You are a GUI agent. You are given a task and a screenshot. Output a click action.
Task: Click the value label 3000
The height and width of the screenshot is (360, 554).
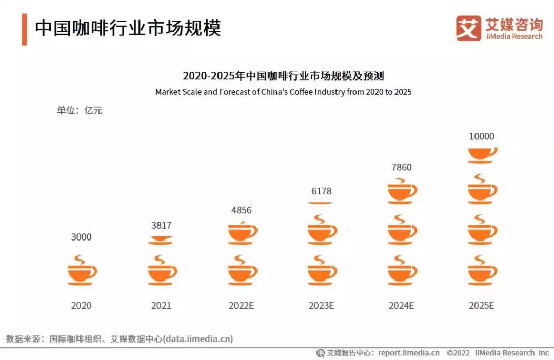81,237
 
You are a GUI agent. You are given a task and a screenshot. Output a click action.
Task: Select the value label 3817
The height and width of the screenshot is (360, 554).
161,225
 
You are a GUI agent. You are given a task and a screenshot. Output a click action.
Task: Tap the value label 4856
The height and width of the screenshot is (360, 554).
241,210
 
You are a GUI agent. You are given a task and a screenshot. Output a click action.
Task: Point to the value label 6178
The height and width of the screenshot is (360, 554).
321,191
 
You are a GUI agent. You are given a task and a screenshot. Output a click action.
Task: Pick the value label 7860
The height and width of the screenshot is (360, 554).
401,167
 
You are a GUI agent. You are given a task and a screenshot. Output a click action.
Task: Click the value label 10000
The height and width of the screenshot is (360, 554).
482,136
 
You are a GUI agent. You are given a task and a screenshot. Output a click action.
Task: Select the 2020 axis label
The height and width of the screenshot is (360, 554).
81,305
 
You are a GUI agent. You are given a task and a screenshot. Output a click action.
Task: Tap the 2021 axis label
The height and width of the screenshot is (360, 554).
161,305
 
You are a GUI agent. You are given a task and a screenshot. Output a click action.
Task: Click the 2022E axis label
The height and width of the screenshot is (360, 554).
241,305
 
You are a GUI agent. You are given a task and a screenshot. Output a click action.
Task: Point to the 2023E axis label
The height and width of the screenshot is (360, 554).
321,305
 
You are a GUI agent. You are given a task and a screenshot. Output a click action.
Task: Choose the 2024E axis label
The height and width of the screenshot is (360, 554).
401,305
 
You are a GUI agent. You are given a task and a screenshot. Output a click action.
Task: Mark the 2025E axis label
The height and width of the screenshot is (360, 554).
482,305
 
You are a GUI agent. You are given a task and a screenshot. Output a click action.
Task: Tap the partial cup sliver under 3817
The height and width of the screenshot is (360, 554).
161,240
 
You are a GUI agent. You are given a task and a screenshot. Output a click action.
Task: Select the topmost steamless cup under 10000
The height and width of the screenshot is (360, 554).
482,155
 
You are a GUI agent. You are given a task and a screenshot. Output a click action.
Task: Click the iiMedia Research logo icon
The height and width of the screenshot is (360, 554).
468,28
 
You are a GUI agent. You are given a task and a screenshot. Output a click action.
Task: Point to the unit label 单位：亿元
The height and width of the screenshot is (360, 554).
80,110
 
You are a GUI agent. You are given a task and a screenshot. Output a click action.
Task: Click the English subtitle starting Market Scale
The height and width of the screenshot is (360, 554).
283,92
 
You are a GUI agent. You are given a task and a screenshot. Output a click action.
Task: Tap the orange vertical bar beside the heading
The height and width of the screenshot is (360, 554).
24,29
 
